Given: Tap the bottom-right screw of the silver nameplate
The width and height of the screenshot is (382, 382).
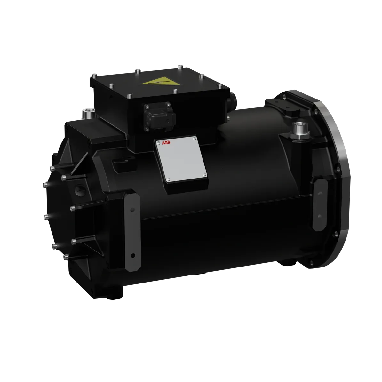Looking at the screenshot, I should coord(204,174).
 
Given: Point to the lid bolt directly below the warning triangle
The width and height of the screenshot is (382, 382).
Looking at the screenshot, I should coord(175,91).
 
